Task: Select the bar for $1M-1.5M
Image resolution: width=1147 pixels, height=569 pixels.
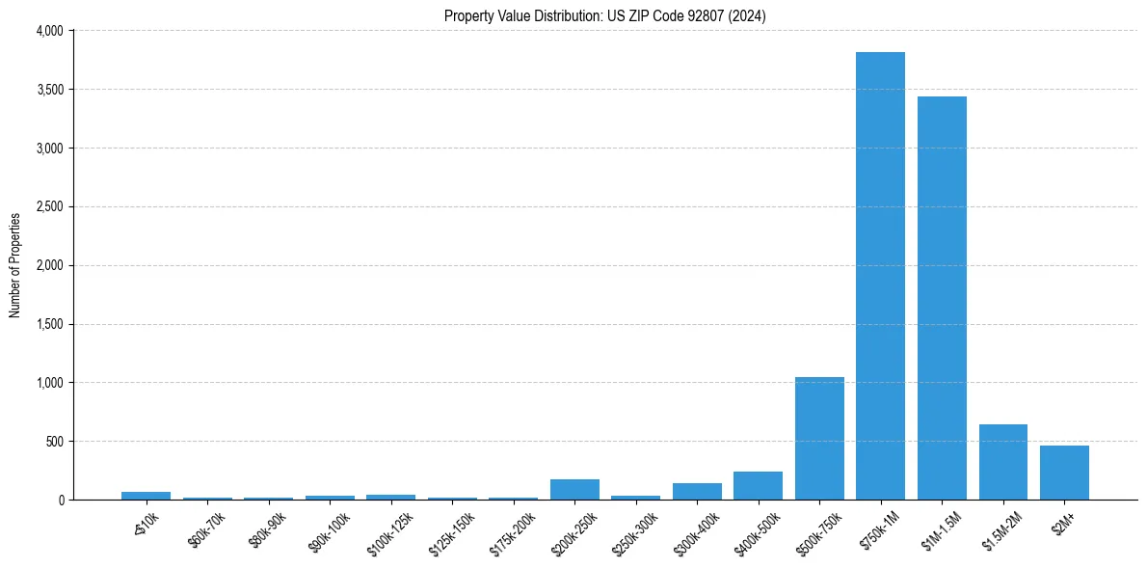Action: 942,298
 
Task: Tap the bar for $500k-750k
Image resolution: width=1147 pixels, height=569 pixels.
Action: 819,438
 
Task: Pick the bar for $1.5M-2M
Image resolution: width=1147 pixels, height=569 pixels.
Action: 1002,462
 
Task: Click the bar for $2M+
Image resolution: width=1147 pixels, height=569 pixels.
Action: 1064,473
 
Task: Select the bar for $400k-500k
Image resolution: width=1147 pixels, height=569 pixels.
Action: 758,485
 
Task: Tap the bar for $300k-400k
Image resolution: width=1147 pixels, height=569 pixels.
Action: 697,491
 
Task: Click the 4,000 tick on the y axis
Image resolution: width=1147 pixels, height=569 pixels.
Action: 48,31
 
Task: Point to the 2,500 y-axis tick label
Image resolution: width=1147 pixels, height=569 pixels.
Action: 48,207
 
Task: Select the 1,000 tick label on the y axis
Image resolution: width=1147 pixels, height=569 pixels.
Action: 48,383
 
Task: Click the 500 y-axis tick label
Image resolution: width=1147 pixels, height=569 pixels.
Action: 53,442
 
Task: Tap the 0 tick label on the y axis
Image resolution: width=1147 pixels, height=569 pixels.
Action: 60,501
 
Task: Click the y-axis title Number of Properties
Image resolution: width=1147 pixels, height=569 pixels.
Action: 15,265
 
